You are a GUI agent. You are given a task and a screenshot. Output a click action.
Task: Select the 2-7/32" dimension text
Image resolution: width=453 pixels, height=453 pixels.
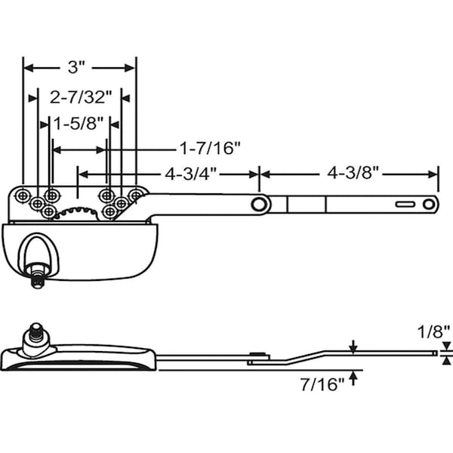81,97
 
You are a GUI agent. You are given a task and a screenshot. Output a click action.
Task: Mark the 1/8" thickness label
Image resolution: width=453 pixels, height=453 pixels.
433,331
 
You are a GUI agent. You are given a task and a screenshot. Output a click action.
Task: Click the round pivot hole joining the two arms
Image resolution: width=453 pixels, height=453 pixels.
260,204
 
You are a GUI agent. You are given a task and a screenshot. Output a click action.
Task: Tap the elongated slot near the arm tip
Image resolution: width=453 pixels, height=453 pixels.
405,204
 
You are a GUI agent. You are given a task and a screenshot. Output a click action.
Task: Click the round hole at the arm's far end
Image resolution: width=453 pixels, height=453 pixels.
429,204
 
